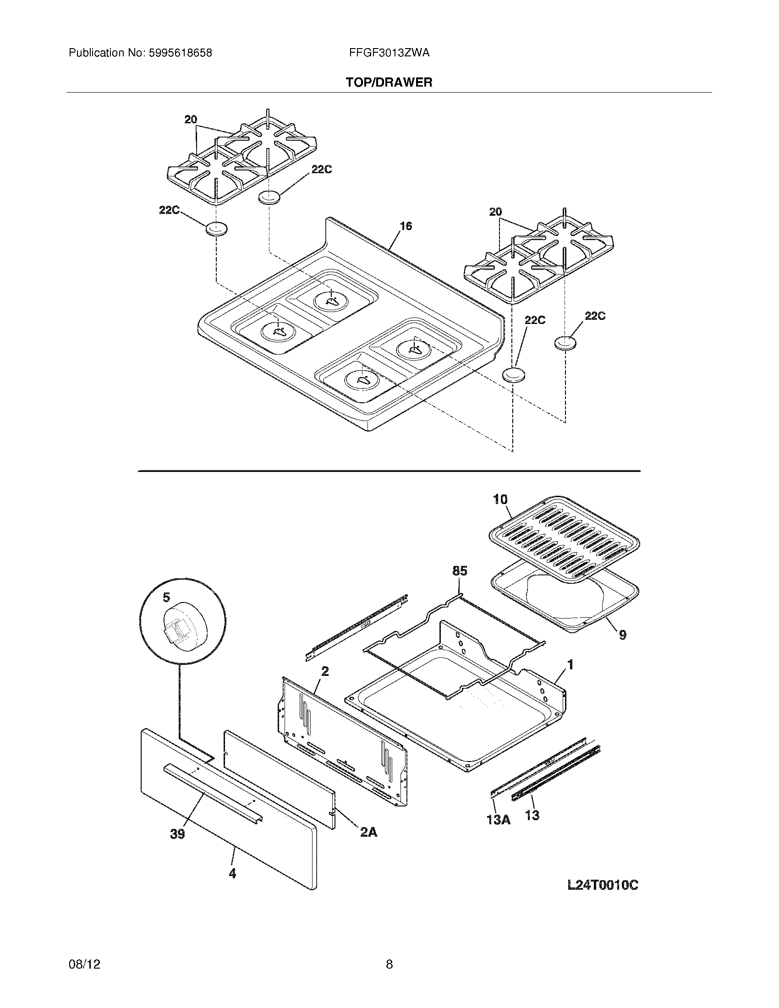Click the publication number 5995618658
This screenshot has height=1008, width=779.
click(x=180, y=53)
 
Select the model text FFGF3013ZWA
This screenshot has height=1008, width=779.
click(x=389, y=53)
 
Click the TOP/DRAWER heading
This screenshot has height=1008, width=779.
click(x=389, y=82)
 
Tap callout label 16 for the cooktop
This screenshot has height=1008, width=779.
click(x=406, y=226)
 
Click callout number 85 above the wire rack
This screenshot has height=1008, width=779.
click(x=460, y=571)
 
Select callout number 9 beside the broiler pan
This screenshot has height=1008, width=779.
click(x=623, y=635)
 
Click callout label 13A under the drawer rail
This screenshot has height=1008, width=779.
click(x=499, y=820)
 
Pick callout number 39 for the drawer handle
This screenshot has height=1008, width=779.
click(x=178, y=834)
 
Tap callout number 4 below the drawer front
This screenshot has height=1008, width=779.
click(x=232, y=874)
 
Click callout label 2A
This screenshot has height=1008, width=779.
click(x=368, y=832)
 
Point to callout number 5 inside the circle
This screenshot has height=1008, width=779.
click(x=166, y=597)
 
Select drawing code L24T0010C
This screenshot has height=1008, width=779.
click(x=602, y=885)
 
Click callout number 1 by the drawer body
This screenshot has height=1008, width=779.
click(x=571, y=665)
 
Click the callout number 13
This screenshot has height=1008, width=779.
click(x=532, y=816)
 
